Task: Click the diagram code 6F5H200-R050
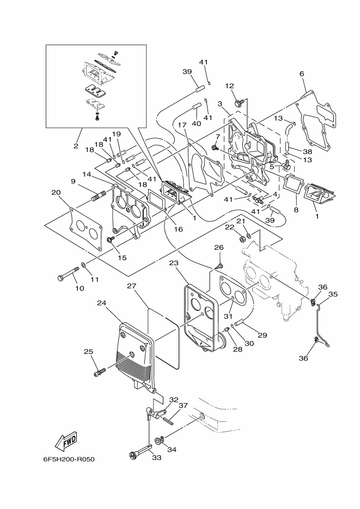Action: [69, 459]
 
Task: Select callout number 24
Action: [102, 303]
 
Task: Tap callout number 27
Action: [131, 286]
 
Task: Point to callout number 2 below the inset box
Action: [76, 146]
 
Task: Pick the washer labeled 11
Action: [83, 266]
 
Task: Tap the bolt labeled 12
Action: [239, 103]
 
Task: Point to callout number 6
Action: [302, 73]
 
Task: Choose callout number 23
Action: [174, 263]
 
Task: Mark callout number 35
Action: [333, 295]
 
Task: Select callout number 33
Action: [157, 458]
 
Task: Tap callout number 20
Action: [56, 193]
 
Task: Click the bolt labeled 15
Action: [111, 240]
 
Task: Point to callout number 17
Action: [182, 125]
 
